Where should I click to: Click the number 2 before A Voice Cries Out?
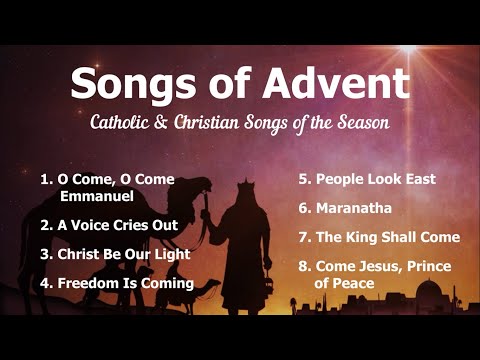coord(45,225)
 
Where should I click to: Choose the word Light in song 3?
coord(171,254)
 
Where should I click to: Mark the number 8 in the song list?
coord(303,267)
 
